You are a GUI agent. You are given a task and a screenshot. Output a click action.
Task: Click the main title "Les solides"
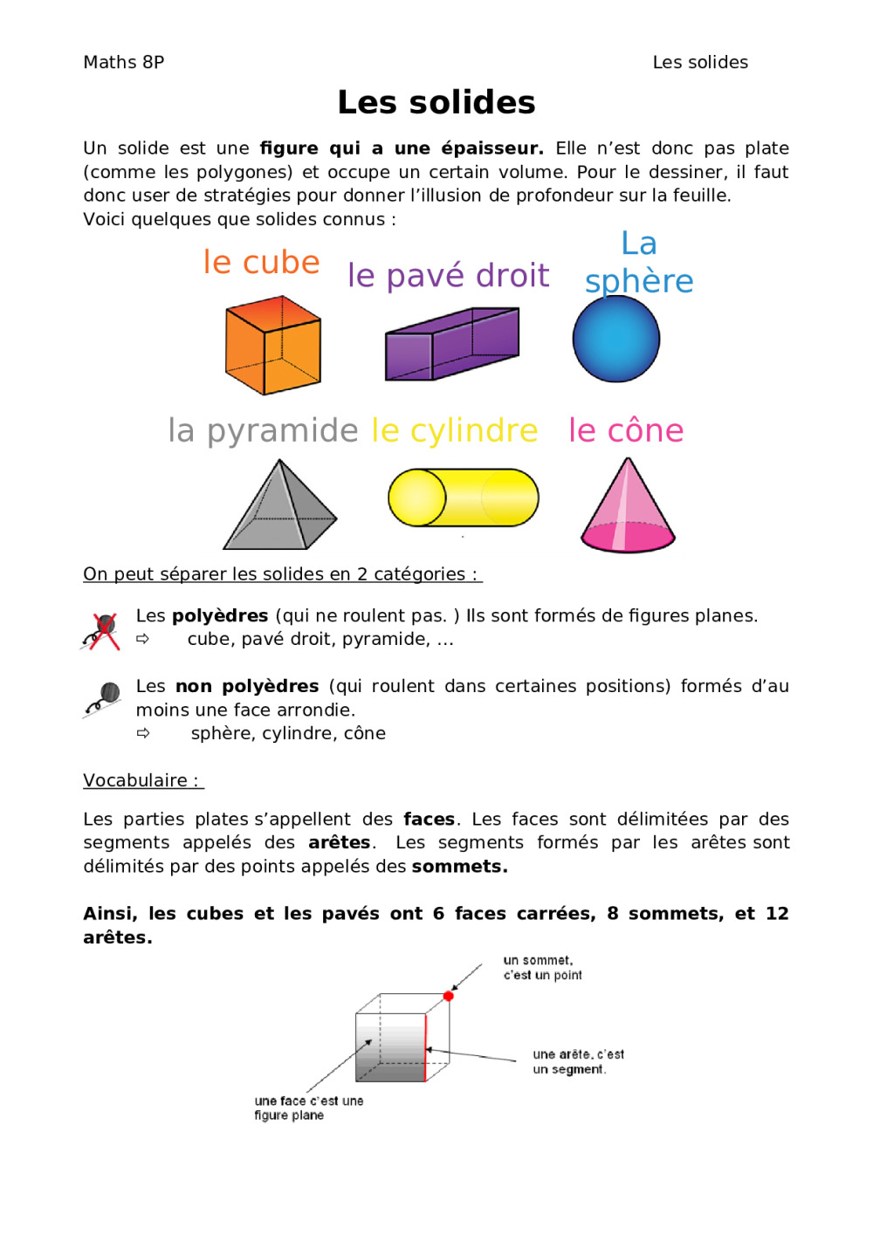point(436,102)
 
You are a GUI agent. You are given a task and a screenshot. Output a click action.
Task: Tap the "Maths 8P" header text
point(123,62)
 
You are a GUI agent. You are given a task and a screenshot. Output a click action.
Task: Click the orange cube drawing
point(272,346)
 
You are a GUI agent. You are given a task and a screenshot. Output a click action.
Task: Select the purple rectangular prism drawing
point(452,344)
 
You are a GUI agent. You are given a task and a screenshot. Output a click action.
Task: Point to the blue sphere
point(616,340)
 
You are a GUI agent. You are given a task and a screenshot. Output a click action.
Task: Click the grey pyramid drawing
point(279,507)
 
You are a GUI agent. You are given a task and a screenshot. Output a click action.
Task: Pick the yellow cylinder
point(463,497)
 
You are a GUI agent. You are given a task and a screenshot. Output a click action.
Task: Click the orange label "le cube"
point(261,262)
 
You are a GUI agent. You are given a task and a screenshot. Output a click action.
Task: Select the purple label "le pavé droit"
point(448,276)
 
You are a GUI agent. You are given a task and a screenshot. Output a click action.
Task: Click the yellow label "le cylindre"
point(454,430)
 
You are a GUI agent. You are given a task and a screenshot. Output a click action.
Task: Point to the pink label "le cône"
point(626,430)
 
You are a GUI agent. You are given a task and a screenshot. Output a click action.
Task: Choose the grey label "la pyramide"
point(263,431)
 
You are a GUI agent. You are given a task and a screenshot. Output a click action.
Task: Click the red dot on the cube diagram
point(449,996)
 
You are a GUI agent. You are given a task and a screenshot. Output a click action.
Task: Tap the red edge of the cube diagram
point(425,1047)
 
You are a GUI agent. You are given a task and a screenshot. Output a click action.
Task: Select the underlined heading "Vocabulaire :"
point(141,780)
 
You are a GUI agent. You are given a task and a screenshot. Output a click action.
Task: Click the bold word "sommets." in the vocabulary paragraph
point(459,867)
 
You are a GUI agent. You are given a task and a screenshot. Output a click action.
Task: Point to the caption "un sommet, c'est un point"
point(542,968)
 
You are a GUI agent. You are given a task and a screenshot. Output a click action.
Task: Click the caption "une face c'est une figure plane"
point(308,1108)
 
